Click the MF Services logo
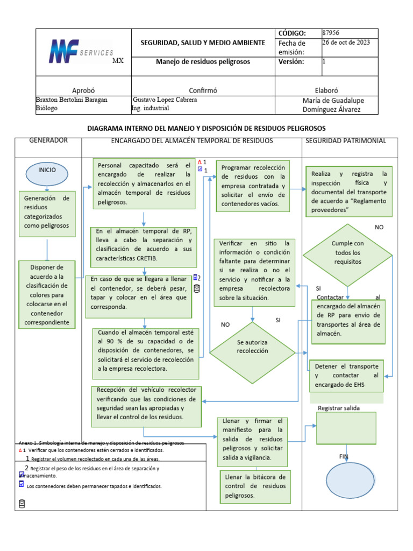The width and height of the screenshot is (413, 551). click(x=81, y=53)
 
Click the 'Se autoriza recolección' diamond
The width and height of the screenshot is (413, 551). click(x=252, y=347)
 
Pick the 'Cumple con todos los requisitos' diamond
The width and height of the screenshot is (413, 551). click(x=347, y=252)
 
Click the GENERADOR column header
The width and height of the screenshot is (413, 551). click(x=48, y=140)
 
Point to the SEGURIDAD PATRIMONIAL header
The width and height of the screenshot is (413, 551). click(x=346, y=140)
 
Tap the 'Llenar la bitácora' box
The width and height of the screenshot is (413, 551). click(x=255, y=486)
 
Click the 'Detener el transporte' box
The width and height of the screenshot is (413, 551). click(x=346, y=375)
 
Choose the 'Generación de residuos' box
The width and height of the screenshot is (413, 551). click(x=47, y=213)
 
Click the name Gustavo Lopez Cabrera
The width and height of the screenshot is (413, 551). click(x=165, y=100)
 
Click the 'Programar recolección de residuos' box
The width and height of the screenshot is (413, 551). click(x=253, y=186)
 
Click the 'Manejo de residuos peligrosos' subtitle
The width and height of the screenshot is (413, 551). click(x=203, y=62)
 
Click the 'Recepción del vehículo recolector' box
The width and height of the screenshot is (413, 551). click(x=146, y=404)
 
